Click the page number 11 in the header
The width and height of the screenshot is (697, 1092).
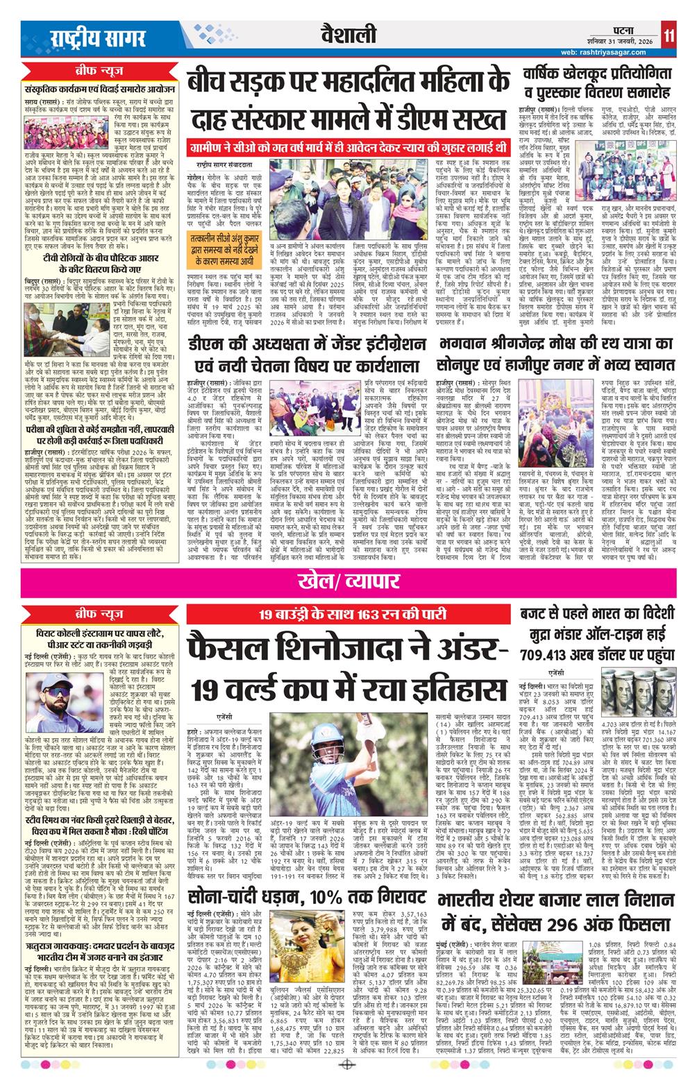(x=667, y=34)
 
